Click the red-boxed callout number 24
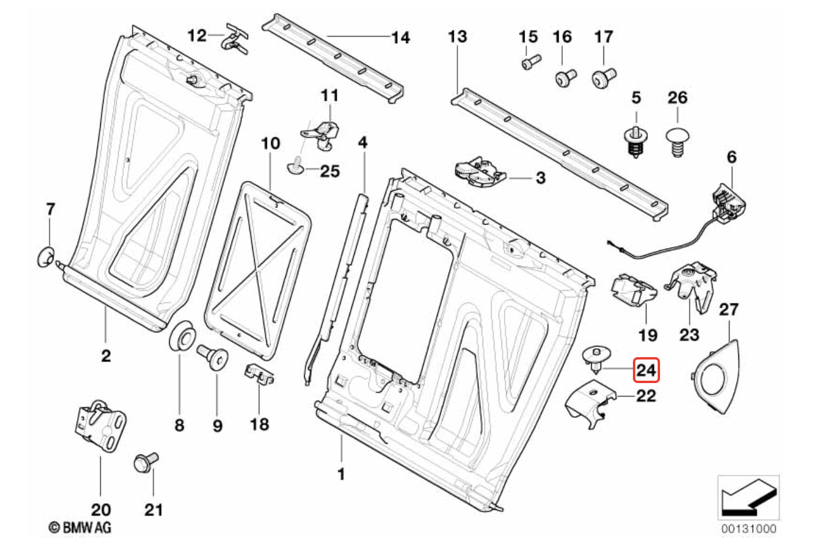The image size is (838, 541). click(645, 370)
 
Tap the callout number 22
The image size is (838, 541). click(646, 395)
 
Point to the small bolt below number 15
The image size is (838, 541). click(531, 61)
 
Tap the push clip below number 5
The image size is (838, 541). click(634, 142)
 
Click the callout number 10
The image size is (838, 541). click(270, 143)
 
